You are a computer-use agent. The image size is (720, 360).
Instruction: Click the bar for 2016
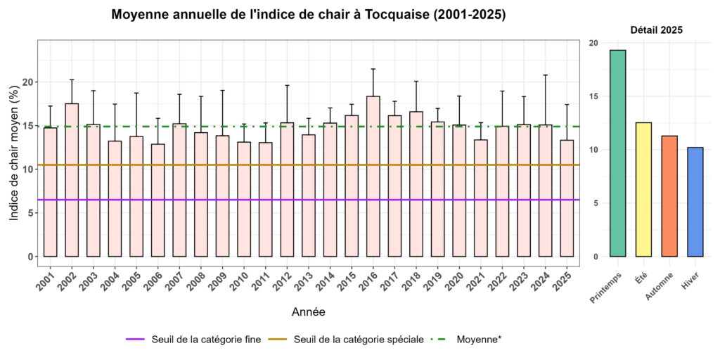coord(373,176)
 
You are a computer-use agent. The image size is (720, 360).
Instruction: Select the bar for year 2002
coord(72,179)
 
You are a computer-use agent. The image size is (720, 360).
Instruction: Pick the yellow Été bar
coord(643,190)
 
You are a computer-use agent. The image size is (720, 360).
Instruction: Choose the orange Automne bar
coord(669,196)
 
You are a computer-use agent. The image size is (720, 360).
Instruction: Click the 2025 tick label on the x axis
coord(566,279)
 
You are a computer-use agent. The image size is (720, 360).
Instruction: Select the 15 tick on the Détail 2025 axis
coord(593,96)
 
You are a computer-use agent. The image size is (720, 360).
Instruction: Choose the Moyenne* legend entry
coord(479,340)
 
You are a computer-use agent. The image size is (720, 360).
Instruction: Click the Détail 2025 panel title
coord(656,30)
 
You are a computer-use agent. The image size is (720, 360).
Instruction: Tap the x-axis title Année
coord(308,311)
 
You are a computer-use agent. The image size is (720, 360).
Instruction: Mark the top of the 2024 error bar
coord(545,75)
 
